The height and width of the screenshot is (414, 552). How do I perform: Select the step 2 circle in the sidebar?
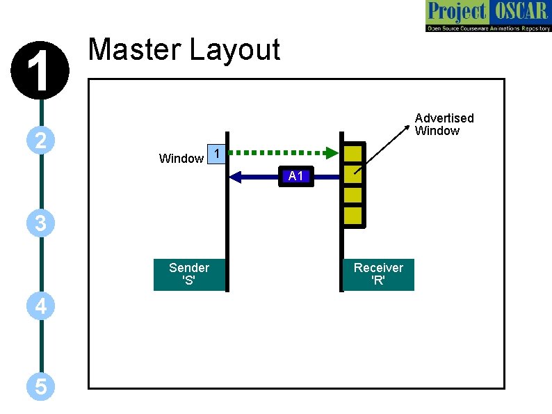pos(41,141)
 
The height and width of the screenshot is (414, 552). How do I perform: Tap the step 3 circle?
pos(41,223)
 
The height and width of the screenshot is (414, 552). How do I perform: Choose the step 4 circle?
pos(41,306)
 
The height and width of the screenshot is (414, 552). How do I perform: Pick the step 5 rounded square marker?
pos(41,386)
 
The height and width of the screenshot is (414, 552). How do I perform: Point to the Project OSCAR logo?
pos(487,16)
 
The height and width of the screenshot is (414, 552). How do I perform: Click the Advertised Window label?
pos(444,125)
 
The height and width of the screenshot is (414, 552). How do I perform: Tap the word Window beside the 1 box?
pos(181,159)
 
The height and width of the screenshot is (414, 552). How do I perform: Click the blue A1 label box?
pos(296,176)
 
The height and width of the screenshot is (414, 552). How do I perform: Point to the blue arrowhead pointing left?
pos(235,176)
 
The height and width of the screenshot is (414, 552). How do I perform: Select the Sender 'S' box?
pos(189,274)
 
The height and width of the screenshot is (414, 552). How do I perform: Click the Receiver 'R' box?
pos(378,274)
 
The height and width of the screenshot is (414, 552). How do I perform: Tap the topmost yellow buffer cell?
pos(353,153)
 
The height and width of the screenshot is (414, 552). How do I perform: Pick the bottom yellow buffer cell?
pos(353,216)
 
